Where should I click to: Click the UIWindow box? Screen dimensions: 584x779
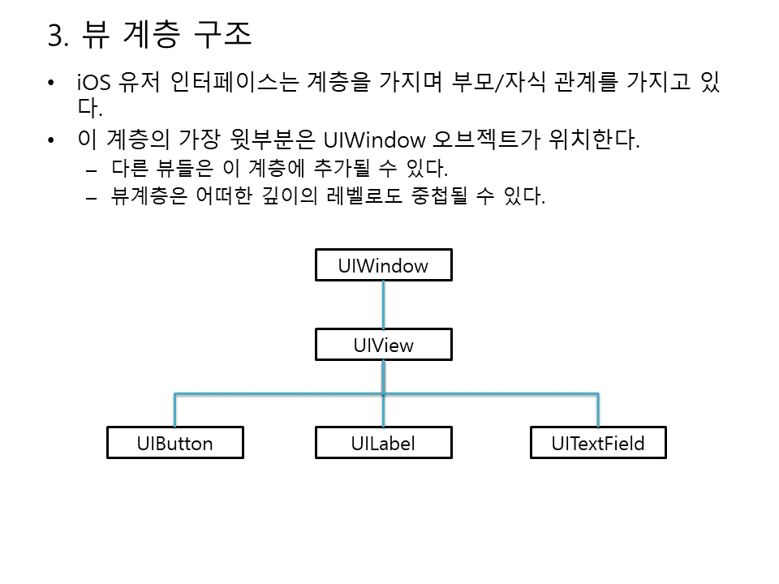point(383,265)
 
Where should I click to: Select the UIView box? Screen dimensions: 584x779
point(383,345)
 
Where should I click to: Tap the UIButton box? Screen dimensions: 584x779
point(174,443)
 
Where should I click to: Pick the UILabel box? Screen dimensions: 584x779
point(383,443)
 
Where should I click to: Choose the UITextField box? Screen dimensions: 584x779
point(597,443)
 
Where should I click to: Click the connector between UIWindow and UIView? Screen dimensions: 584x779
point(383,305)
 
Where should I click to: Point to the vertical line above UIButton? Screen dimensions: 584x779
point(174,410)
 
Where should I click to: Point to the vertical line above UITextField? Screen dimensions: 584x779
point(598,410)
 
